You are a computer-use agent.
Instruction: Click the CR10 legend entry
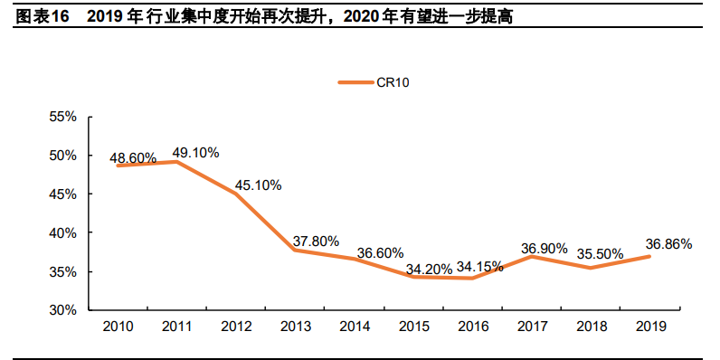(374, 82)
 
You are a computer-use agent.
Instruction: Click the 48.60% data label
(133, 158)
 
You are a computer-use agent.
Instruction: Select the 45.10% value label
(258, 185)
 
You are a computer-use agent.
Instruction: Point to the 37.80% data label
(316, 242)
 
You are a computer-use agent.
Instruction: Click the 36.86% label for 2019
(668, 243)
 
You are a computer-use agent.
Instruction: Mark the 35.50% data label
(601, 254)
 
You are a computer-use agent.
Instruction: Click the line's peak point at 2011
(177, 162)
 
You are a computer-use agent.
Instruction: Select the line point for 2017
(532, 256)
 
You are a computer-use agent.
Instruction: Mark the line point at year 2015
(413, 277)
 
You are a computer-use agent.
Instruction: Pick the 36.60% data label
(380, 253)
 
